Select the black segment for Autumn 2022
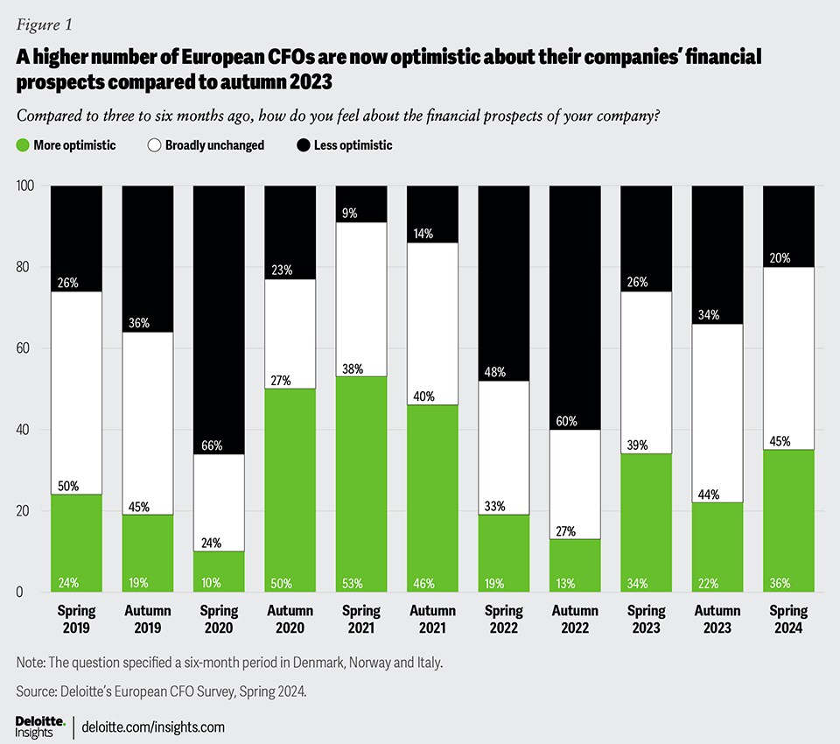(574, 306)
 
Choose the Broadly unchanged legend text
(214, 145)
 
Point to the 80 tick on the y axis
(26, 267)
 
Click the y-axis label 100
(24, 186)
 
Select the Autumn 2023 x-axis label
(717, 618)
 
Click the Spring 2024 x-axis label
(788, 618)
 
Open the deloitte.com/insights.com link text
(153, 726)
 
